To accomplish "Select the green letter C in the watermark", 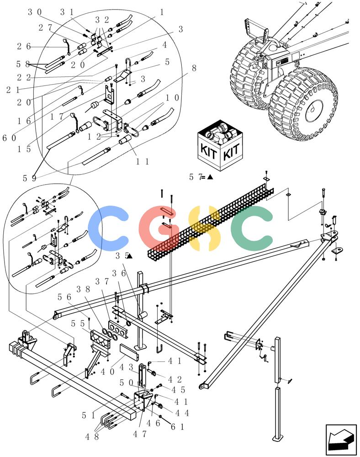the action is pyautogui.click(x=252, y=228).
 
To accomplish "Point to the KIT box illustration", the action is pyautogui.click(x=220, y=144).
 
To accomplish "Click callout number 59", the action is pyautogui.click(x=29, y=178).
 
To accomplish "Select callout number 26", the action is pyautogui.click(x=24, y=46).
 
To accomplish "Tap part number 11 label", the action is pyautogui.click(x=143, y=161).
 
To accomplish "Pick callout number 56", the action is pyautogui.click(x=64, y=297).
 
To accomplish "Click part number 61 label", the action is pyautogui.click(x=177, y=427).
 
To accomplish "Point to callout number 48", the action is pyautogui.click(x=92, y=436).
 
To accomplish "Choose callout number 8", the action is pyautogui.click(x=194, y=68).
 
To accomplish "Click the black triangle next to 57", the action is pyautogui.click(x=210, y=177).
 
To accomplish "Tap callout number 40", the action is pyautogui.click(x=107, y=372).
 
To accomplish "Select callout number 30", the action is pyautogui.click(x=35, y=12).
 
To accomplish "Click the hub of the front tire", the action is pyautogui.click(x=314, y=111).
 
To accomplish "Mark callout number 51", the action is pyautogui.click(x=89, y=415).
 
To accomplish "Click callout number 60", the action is pyautogui.click(x=9, y=138).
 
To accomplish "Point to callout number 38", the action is pyautogui.click(x=83, y=289).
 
